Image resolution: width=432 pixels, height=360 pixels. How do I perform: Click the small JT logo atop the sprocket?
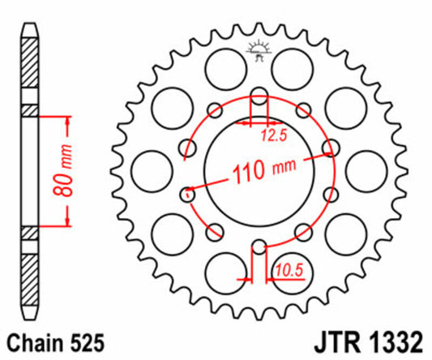coord(259,49)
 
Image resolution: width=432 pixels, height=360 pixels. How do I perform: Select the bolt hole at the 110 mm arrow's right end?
coord(330,147)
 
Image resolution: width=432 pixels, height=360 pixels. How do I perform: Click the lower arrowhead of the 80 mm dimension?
coord(66,223)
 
